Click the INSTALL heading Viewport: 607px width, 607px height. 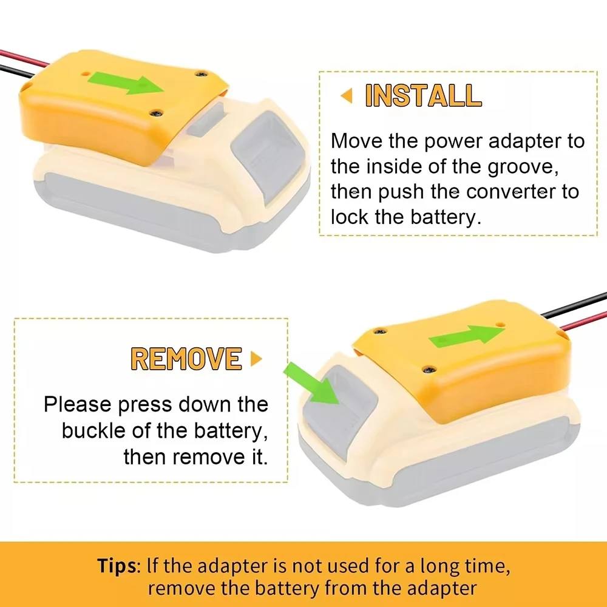tap(423, 95)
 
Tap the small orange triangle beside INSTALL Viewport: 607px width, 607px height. tap(347, 95)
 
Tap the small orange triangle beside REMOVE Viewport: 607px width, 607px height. tap(256, 359)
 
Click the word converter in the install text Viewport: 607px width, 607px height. tap(510, 192)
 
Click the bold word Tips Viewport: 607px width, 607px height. tap(117, 566)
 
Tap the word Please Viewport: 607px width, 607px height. tap(78, 404)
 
